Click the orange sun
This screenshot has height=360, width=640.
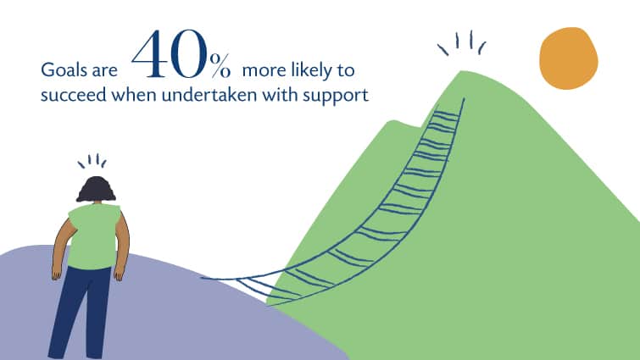click(569, 58)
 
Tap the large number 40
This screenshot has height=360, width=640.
click(170, 54)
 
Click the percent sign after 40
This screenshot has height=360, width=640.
click(220, 65)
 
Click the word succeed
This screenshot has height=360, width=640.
click(74, 95)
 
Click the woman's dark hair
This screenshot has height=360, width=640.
click(96, 189)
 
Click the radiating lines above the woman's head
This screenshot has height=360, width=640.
click(92, 161)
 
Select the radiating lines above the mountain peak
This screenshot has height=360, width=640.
click(462, 42)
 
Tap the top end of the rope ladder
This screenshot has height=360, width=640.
click(464, 98)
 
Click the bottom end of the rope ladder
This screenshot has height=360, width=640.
click(203, 278)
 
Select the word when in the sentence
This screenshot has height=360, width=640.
click(134, 95)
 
